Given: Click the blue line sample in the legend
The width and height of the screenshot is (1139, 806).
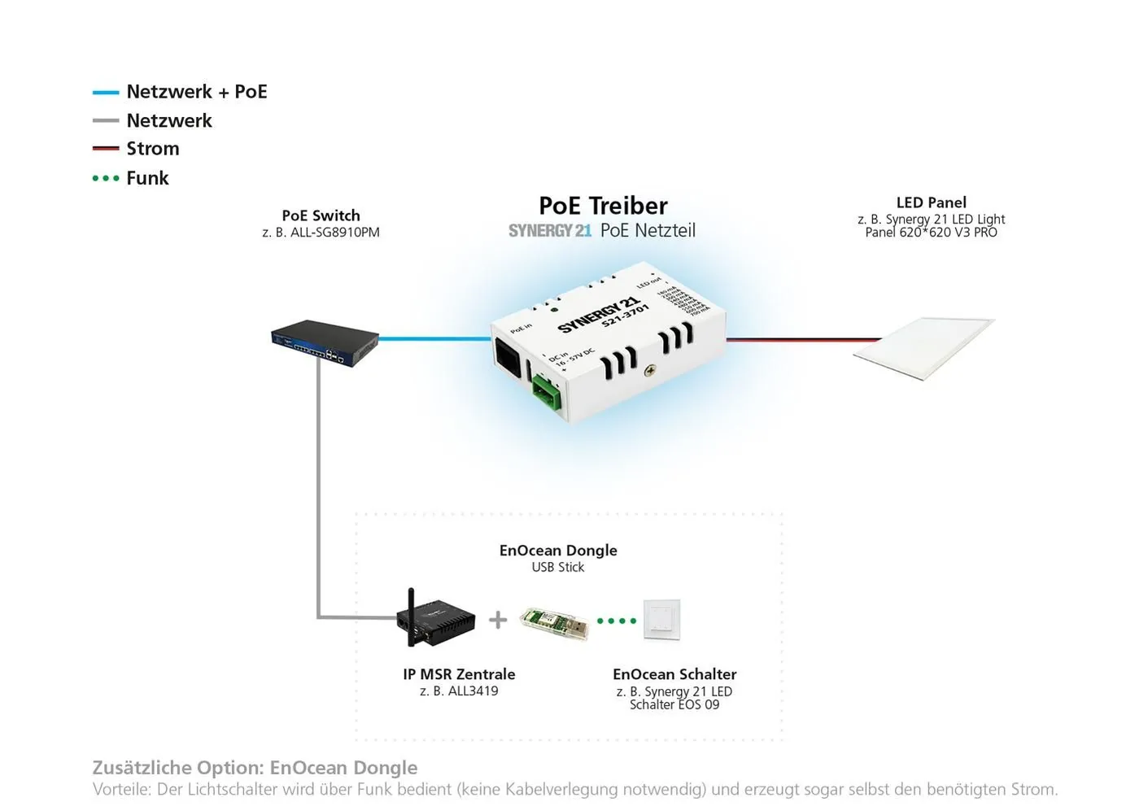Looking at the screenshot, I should [x=106, y=93].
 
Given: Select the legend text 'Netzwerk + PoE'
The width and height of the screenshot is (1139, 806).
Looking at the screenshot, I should [x=196, y=92].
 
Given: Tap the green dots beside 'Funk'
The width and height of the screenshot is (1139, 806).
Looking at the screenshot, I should [x=106, y=178].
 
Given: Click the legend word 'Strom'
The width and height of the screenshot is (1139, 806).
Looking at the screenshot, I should [x=153, y=149].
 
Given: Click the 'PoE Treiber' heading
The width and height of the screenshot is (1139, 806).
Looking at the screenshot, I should [x=603, y=206].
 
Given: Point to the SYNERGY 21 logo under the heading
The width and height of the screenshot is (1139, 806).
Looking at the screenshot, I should [x=550, y=231].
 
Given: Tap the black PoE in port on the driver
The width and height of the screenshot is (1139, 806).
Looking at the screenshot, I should [x=509, y=358].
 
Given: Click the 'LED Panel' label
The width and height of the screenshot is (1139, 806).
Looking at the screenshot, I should [x=931, y=203].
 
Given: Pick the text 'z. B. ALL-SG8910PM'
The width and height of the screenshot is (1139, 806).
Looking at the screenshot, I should [x=321, y=233].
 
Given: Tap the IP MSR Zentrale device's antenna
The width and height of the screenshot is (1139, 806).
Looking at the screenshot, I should [x=412, y=606].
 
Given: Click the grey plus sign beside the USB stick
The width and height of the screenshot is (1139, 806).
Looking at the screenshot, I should [x=498, y=620].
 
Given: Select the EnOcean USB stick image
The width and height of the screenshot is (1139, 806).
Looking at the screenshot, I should [x=554, y=623].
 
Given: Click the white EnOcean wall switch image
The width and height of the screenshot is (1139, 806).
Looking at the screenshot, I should [x=661, y=621].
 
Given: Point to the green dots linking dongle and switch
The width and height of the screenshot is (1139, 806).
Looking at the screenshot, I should [x=617, y=621].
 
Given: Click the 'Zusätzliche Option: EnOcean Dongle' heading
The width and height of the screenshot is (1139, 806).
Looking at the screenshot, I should [x=255, y=768].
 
